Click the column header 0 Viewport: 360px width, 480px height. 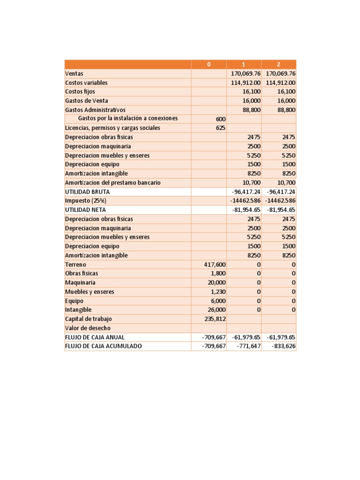(x=209, y=64)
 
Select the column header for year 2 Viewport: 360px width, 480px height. (x=278, y=64)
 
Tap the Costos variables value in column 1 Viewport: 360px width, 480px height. (x=245, y=82)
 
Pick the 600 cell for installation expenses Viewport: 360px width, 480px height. (x=220, y=119)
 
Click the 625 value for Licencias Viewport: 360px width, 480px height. (x=220, y=128)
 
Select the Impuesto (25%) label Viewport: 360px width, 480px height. (x=85, y=201)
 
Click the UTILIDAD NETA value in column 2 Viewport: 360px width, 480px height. (x=281, y=210)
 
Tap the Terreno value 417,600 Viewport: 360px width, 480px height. (x=215, y=264)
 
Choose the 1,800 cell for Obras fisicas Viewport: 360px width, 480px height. (x=218, y=273)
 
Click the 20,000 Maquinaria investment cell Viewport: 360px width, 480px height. (x=217, y=283)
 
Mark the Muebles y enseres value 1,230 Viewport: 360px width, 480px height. (x=218, y=292)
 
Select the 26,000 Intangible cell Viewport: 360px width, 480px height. (x=217, y=310)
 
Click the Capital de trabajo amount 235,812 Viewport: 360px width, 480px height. (x=215, y=319)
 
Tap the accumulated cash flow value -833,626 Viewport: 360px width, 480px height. (x=284, y=346)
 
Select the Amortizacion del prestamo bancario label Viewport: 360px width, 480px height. (x=112, y=182)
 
